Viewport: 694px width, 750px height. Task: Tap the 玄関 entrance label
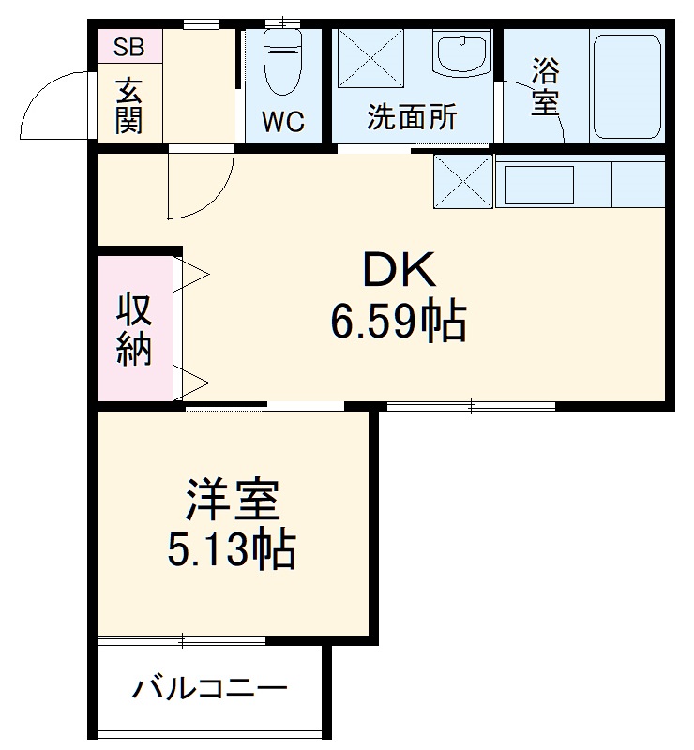click(128, 105)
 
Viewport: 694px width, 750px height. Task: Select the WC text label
click(282, 123)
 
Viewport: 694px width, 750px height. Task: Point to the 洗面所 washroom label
click(412, 118)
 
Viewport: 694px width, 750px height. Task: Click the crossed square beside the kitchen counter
click(463, 182)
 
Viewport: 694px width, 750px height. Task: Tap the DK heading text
click(398, 273)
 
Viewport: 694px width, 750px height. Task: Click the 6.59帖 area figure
click(398, 323)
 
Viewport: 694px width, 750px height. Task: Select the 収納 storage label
click(133, 329)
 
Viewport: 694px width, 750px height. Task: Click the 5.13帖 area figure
click(232, 551)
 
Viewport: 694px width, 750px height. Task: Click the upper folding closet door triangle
click(194, 273)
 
